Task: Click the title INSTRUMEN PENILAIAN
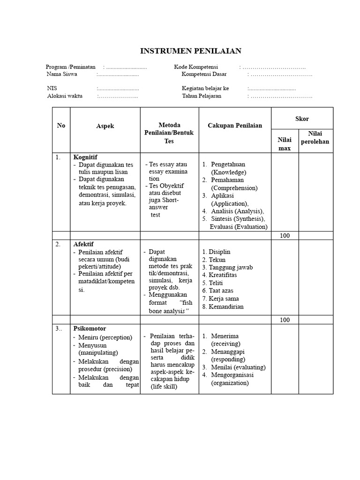pyautogui.click(x=191, y=51)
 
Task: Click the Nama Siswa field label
pyautogui.click(x=62, y=74)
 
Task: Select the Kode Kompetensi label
pyautogui.click(x=196, y=67)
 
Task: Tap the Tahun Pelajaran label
pyautogui.click(x=202, y=96)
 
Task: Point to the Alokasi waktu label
pyautogui.click(x=65, y=96)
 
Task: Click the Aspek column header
pyautogui.click(x=105, y=126)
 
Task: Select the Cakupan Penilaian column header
pyautogui.click(x=235, y=125)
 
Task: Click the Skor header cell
pyautogui.click(x=302, y=119)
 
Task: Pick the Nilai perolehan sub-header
pyautogui.click(x=316, y=137)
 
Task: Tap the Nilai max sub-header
pyautogui.click(x=285, y=144)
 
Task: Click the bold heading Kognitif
pyautogui.click(x=85, y=157)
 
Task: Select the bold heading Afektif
pyautogui.click(x=83, y=244)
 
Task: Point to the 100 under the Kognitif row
pyautogui.click(x=285, y=236)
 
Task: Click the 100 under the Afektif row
pyautogui.click(x=285, y=320)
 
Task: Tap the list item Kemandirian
pyautogui.click(x=226, y=307)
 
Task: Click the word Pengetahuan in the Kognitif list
pyautogui.click(x=228, y=165)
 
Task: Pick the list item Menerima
pyautogui.click(x=225, y=336)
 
